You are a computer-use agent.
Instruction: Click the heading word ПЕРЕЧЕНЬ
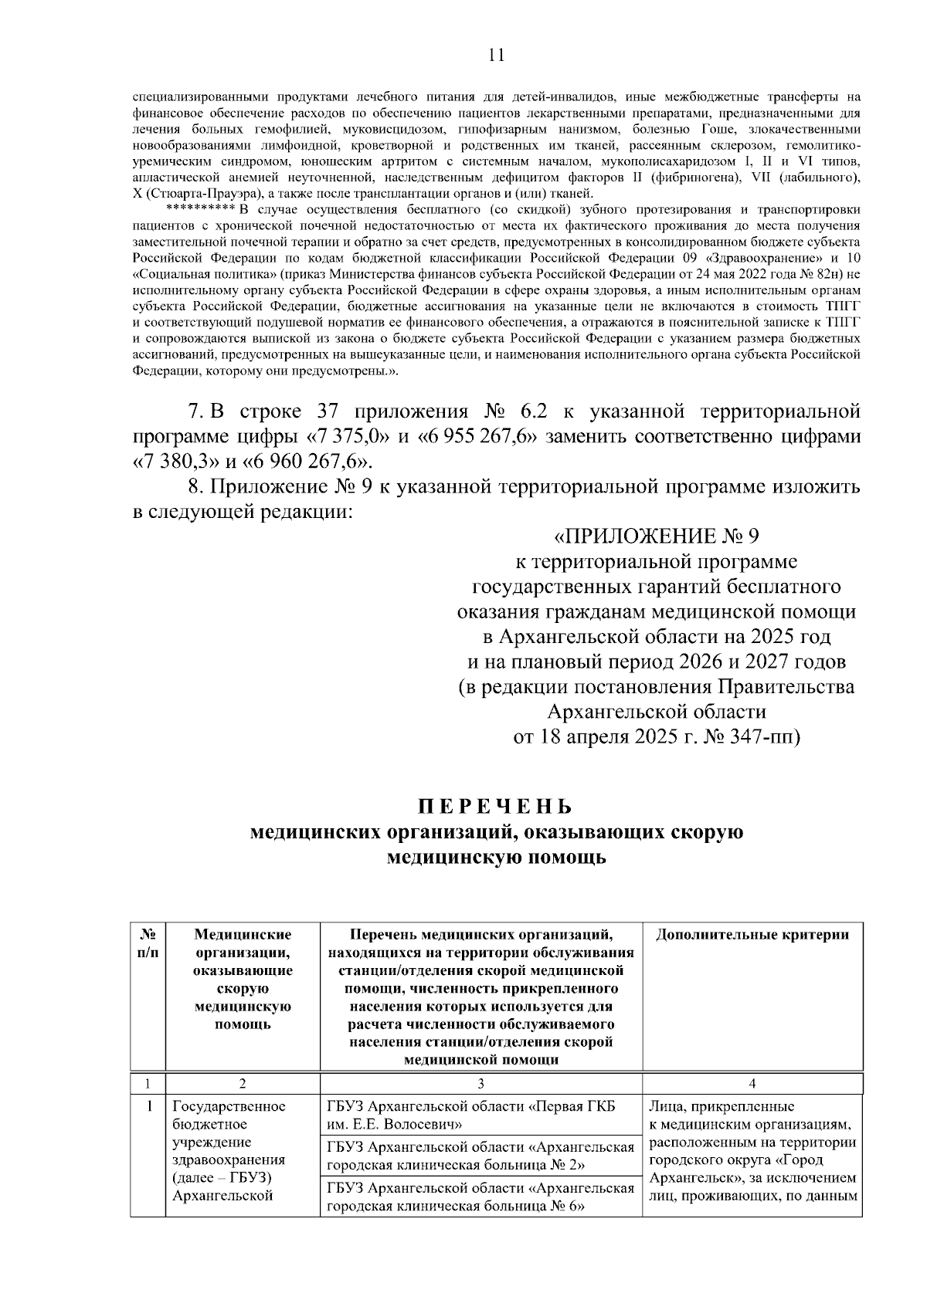pyautogui.click(x=495, y=807)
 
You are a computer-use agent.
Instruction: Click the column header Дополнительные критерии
pyautogui.click(x=752, y=935)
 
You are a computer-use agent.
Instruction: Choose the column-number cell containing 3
pyautogui.click(x=480, y=1083)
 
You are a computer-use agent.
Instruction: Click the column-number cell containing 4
pyautogui.click(x=752, y=1083)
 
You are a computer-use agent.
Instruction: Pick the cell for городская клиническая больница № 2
pyautogui.click(x=480, y=1155)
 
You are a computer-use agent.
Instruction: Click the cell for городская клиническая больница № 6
pyautogui.click(x=480, y=1196)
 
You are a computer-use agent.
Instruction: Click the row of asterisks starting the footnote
pyautogui.click(x=201, y=209)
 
